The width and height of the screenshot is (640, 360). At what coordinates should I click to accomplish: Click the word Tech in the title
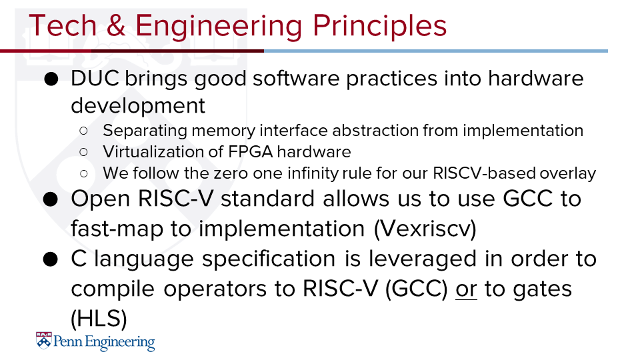pyautogui.click(x=63, y=26)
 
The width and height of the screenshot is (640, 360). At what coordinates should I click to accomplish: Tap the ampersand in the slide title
pyautogui.click(x=116, y=26)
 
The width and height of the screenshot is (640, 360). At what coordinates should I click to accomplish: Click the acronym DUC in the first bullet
pyautogui.click(x=95, y=78)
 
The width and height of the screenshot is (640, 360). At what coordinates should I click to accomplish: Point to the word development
pyautogui.click(x=138, y=105)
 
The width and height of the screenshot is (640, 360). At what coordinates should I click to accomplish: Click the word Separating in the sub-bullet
pyautogui.click(x=145, y=131)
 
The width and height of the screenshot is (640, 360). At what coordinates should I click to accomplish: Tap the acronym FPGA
pyautogui.click(x=251, y=152)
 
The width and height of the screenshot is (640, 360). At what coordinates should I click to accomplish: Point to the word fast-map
pyautogui.click(x=117, y=228)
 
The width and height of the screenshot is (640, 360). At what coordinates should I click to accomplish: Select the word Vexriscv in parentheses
pyautogui.click(x=425, y=229)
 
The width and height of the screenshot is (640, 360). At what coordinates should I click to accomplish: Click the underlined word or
pyautogui.click(x=466, y=289)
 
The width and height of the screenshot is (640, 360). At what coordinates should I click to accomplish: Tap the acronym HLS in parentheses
pyautogui.click(x=99, y=319)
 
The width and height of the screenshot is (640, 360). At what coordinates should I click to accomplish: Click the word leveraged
pyautogui.click(x=423, y=259)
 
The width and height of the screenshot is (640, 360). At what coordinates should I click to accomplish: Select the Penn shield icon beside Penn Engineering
pyautogui.click(x=44, y=341)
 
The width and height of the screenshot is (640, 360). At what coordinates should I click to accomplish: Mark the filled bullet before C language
pyautogui.click(x=51, y=259)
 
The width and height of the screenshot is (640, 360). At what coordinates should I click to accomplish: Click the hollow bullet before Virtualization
pyautogui.click(x=84, y=152)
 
